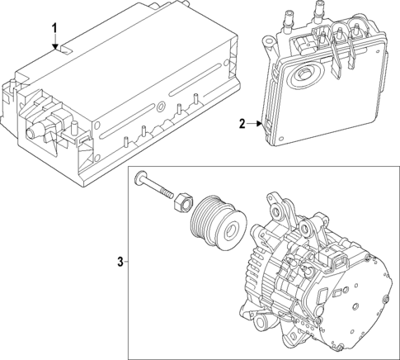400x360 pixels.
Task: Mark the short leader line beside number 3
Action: (x=128, y=263)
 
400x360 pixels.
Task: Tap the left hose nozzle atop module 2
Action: (x=293, y=18)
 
